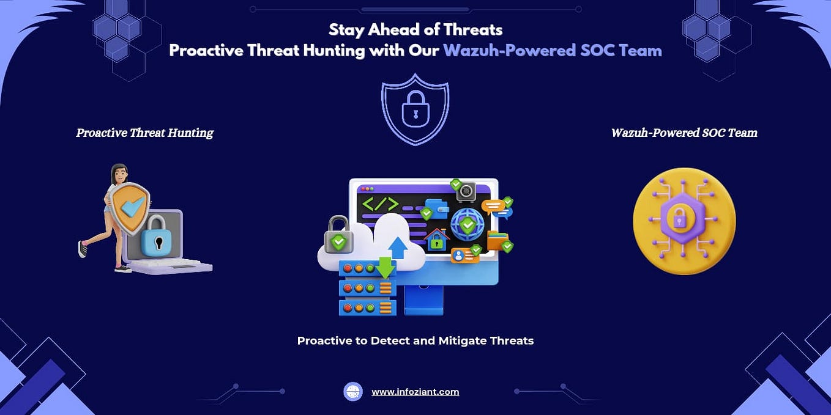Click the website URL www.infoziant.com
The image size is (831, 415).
click(415, 392)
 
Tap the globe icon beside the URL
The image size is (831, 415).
click(353, 392)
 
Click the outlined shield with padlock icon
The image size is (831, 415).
click(415, 109)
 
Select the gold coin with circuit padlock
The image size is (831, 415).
click(684, 221)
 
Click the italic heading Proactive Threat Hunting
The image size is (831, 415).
click(144, 133)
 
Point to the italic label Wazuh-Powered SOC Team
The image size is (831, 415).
click(684, 133)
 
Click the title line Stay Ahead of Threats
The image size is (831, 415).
click(416, 29)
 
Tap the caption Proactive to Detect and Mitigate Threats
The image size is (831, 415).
click(415, 340)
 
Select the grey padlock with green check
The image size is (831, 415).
click(338, 235)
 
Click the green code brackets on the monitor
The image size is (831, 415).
click(380, 204)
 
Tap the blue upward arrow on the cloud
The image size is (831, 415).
click(398, 247)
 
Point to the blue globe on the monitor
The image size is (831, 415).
click(467, 224)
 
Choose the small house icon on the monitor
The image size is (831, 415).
click(437, 240)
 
